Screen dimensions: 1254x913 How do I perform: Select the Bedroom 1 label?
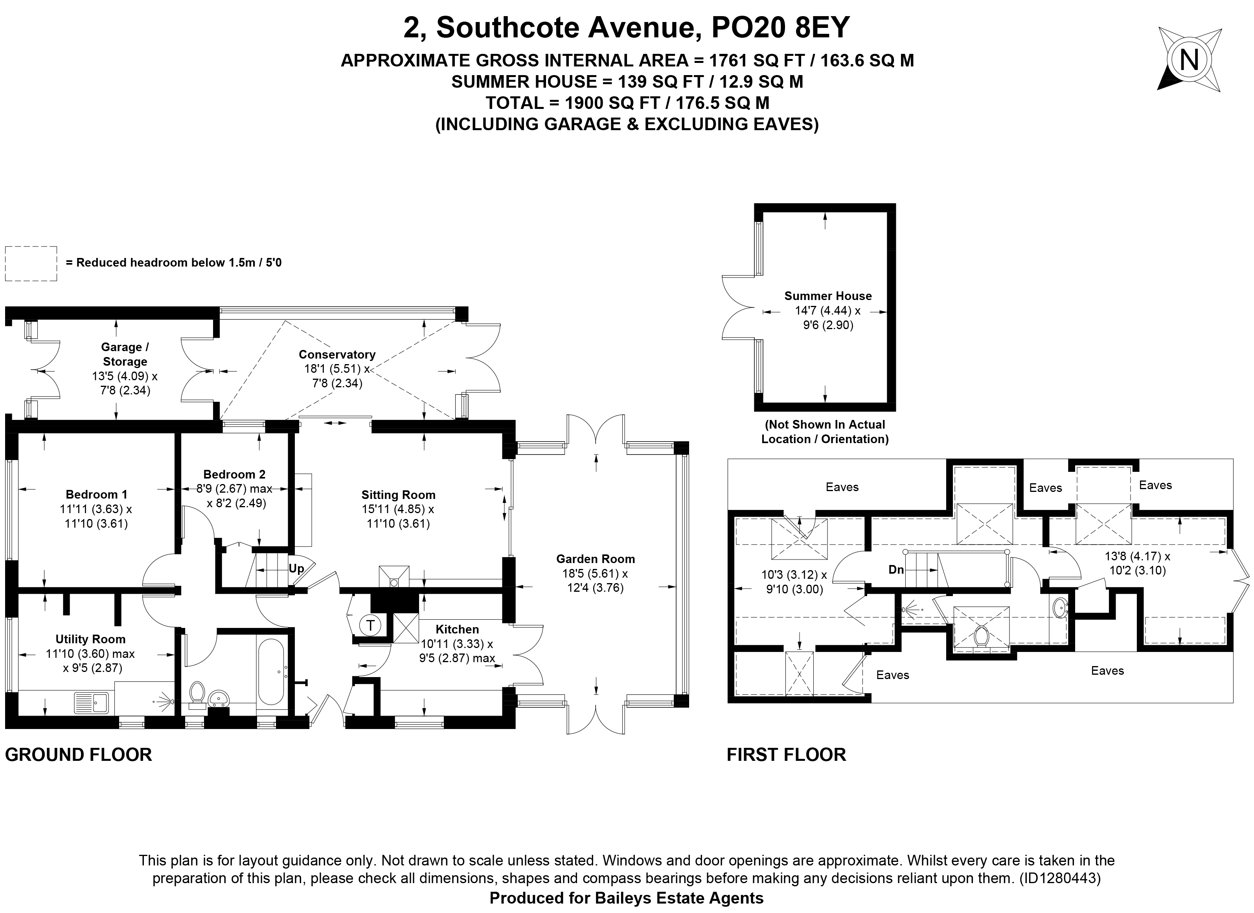96,494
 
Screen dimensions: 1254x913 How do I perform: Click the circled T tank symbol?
370,626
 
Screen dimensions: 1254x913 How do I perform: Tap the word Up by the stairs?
296,569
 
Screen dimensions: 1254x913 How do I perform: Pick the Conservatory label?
337,355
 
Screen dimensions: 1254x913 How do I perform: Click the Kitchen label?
457,630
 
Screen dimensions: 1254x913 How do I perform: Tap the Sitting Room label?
398,495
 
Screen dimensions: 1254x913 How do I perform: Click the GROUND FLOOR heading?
79,755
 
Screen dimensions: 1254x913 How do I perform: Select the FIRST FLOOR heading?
786,755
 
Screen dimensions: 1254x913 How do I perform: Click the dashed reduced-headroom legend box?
31,263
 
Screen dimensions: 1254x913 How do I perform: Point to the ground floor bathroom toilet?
197,695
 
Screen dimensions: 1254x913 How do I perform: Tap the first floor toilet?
982,636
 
